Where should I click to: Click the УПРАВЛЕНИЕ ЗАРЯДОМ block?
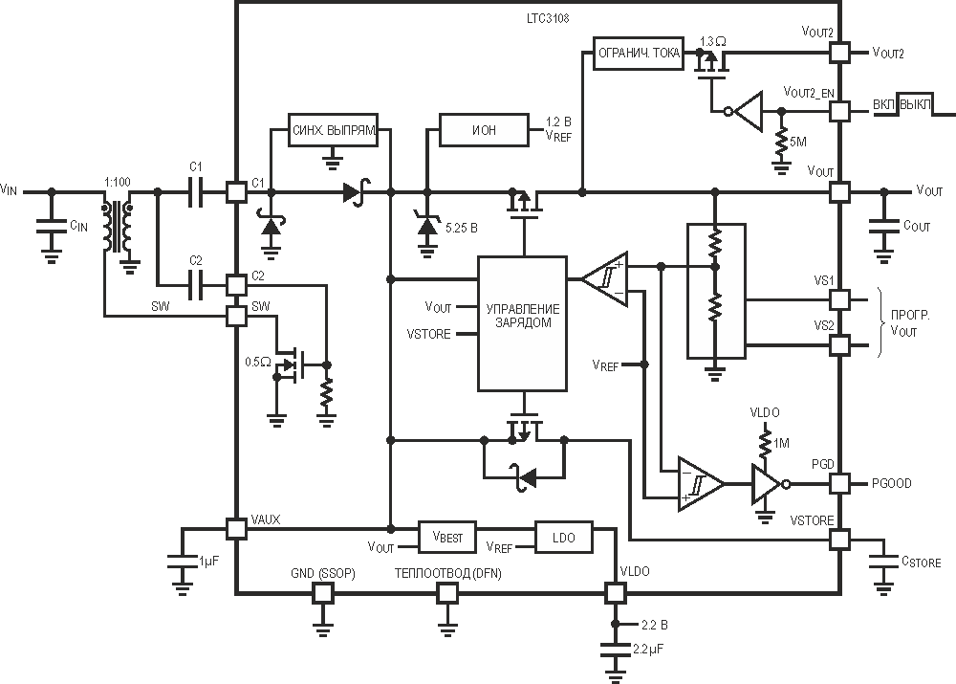[x=523, y=323]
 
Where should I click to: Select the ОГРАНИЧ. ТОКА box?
[x=639, y=53]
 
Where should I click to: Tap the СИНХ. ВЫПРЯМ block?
[x=333, y=130]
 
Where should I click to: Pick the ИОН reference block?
[x=484, y=130]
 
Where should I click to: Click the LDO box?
[x=563, y=538]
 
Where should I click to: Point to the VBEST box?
[x=447, y=538]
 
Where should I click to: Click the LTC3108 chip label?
[x=548, y=18]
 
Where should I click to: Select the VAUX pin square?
[x=236, y=529]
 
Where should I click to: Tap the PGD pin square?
[x=839, y=484]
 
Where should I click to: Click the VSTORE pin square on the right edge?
[x=839, y=540]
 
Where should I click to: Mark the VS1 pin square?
[x=839, y=300]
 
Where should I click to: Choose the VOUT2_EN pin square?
[x=839, y=112]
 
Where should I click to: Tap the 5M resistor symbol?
[x=781, y=143]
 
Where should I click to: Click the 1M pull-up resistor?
[x=765, y=443]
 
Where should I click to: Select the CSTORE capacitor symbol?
[x=883, y=561]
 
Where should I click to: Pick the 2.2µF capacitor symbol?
[x=615, y=649]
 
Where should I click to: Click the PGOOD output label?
[x=891, y=484]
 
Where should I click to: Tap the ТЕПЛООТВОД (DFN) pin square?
[x=447, y=592]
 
